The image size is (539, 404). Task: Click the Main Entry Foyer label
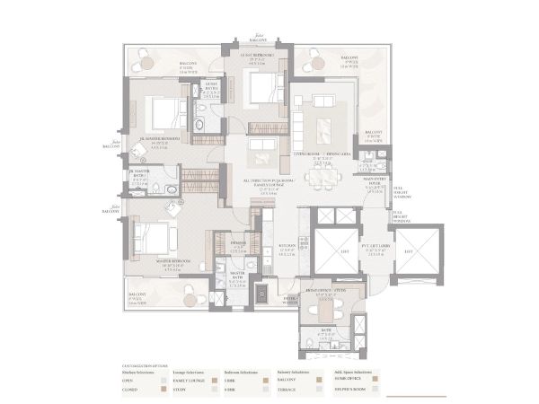coord(375,180)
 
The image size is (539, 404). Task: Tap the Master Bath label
coord(238,275)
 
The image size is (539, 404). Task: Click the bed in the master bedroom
coord(152,238)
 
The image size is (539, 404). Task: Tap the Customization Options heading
coord(141,364)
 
